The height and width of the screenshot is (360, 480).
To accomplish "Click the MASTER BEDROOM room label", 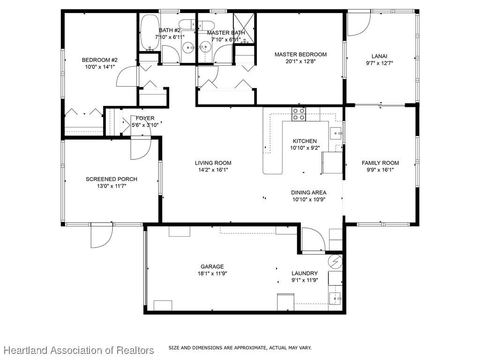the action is pos(300,54).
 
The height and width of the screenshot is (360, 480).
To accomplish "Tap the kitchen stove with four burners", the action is pos(299,114).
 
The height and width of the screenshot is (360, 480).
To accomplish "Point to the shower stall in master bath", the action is pos(244,29).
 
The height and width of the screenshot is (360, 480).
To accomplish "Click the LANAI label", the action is pos(379,56).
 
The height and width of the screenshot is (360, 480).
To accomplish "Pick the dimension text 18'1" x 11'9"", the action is pos(212,273).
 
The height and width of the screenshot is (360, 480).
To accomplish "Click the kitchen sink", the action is pos(336,134).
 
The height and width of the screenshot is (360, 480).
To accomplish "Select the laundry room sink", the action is pos(335,298).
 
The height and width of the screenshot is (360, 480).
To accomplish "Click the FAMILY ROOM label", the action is pos(380,163).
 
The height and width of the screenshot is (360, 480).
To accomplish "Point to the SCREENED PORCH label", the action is pos(112,179).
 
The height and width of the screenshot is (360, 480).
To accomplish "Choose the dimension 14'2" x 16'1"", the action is pos(213,170).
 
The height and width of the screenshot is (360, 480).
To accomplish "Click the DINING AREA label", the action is pos(308,193).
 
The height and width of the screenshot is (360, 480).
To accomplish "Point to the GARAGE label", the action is pos(212,267).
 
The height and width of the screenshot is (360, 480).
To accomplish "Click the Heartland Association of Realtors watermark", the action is pos(79,350).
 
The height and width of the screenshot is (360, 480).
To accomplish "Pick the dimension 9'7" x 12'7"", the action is pos(379,63).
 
